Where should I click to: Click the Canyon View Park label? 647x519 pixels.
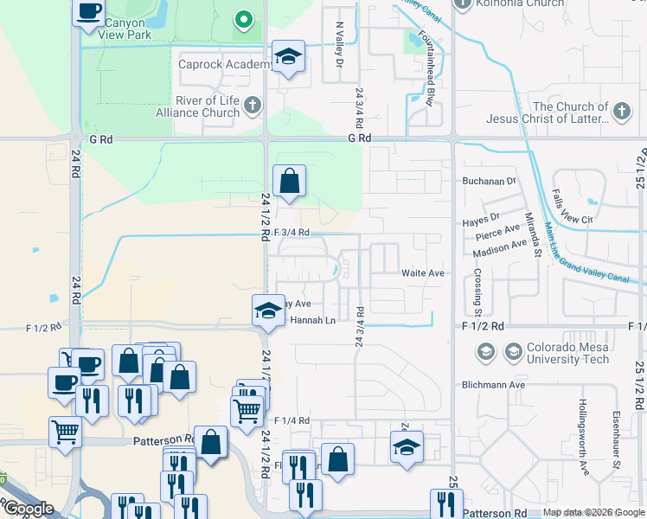127,28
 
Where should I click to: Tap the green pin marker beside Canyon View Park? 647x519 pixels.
245,19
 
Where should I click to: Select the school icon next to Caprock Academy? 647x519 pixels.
289,58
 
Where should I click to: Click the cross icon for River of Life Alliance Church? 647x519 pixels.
252,106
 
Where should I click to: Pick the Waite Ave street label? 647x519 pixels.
422,272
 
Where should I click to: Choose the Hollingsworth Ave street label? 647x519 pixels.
586,439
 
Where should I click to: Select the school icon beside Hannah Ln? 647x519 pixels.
268,311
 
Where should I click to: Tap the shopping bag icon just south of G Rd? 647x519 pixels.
289,182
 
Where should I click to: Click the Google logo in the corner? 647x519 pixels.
28,509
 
